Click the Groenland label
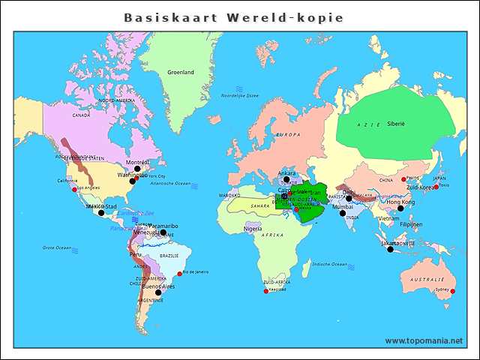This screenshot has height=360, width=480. coord(180,72)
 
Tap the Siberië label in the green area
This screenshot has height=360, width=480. coord(395,123)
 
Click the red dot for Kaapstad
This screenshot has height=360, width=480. coord(265,291)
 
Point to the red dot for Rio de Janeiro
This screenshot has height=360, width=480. coord(180,273)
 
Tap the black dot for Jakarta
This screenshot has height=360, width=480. coord(390,249)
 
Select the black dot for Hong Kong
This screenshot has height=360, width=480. coord(400,208)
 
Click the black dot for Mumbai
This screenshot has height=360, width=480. coord(343,213)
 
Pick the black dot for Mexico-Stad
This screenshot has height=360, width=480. coord(101,213)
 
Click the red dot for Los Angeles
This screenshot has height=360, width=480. coord(74,189)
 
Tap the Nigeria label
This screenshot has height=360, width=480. coord(253,229)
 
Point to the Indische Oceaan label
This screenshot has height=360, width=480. coord(330,264)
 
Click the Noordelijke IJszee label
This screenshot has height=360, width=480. coord(239,96)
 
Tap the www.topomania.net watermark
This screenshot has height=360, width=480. coord(424,340)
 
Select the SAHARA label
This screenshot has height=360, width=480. coord(259,205)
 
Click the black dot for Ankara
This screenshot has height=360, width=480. coord(286,180)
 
